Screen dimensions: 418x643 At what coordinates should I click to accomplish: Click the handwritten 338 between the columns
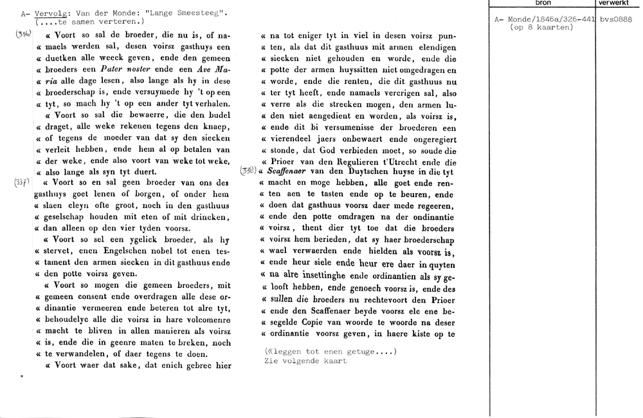248,171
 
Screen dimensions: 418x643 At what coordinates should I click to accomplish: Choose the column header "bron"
543,3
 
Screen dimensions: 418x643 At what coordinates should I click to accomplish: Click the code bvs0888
615,20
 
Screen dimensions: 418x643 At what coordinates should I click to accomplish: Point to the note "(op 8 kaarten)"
541,28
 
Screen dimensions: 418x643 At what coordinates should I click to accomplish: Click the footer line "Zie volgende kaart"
305,361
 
